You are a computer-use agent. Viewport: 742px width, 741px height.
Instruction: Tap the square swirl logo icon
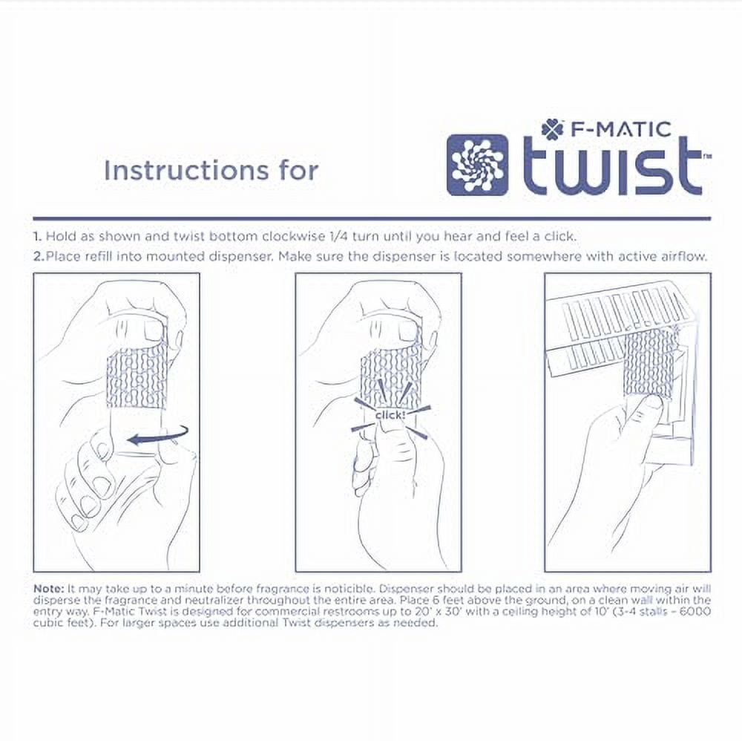tap(478, 165)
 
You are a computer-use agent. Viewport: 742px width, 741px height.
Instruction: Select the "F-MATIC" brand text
tap(620, 128)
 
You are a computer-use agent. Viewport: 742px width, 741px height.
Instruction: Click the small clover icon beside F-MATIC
tap(552, 128)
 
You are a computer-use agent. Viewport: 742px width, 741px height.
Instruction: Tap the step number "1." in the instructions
tap(37, 237)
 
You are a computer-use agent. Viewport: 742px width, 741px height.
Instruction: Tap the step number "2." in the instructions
tap(37, 257)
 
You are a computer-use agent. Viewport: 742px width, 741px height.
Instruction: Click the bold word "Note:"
tap(49, 587)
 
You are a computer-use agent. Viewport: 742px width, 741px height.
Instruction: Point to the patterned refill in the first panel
tap(134, 376)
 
